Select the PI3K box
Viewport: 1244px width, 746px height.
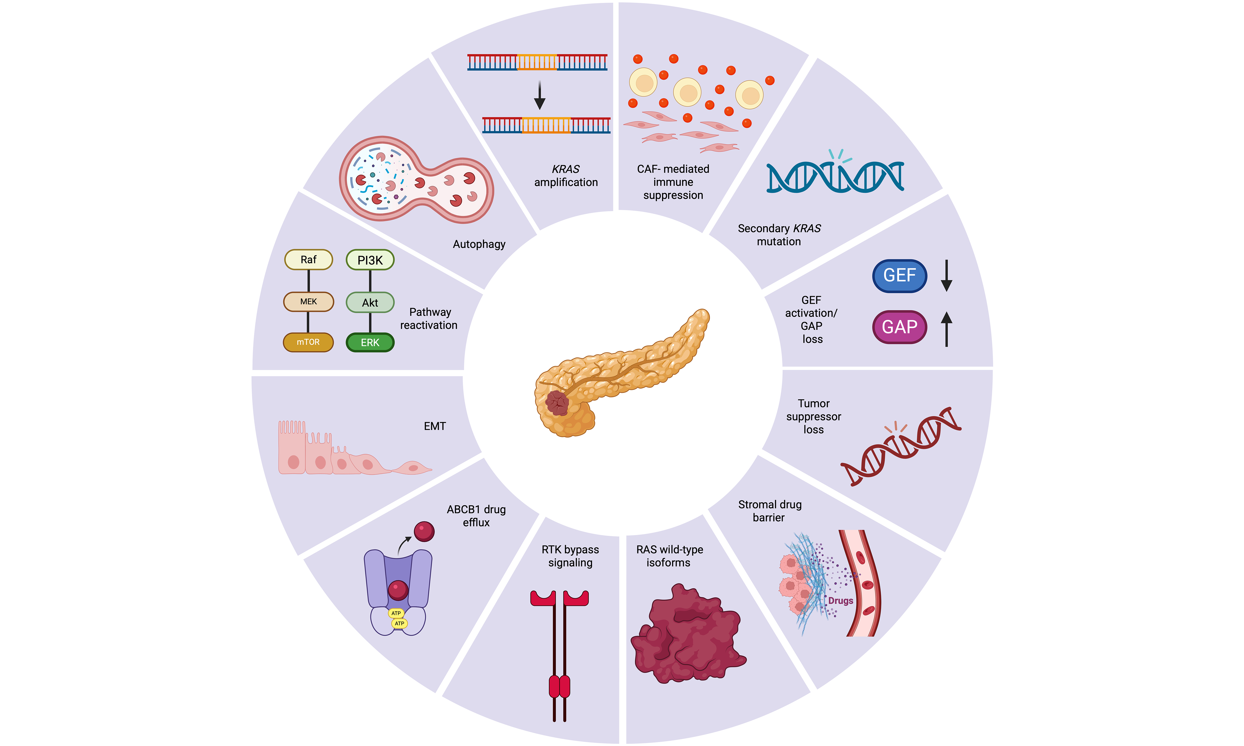pyautogui.click(x=370, y=260)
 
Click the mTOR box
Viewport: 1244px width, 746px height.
pyautogui.click(x=308, y=342)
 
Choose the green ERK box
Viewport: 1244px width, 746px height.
pyautogui.click(x=370, y=342)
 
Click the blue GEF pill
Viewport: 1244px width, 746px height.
pyautogui.click(x=899, y=275)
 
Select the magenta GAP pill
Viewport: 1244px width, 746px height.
pyautogui.click(x=899, y=327)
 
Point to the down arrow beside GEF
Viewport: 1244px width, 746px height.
pyautogui.click(x=946, y=275)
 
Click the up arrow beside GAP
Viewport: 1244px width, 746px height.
pyautogui.click(x=946, y=329)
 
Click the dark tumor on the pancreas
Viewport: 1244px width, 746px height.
pyautogui.click(x=557, y=403)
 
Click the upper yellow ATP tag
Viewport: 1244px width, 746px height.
pyautogui.click(x=396, y=613)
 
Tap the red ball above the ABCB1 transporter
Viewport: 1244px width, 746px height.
pyautogui.click(x=424, y=531)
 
